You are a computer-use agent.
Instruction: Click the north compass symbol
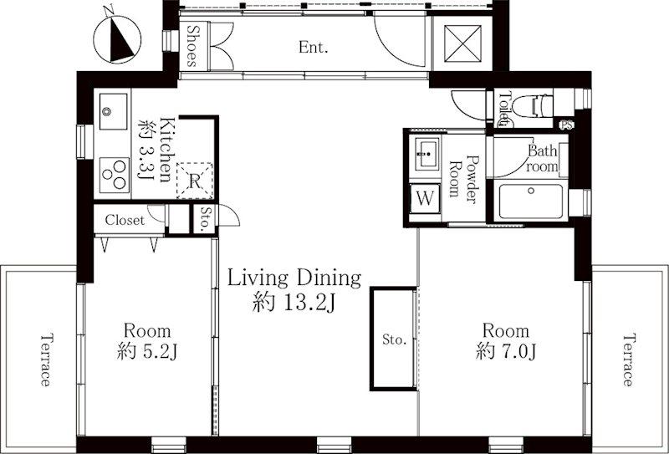pyautogui.click(x=117, y=39)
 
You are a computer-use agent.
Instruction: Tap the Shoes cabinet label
pyautogui.click(x=193, y=46)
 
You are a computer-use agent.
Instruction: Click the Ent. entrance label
pyautogui.click(x=313, y=47)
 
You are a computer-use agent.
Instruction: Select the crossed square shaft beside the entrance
pyautogui.click(x=462, y=43)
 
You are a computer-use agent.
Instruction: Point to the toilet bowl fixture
pyautogui.click(x=532, y=106)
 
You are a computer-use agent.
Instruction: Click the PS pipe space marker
pyautogui.click(x=567, y=125)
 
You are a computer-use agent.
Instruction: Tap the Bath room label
pyautogui.click(x=542, y=158)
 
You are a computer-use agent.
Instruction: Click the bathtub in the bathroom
pyautogui.click(x=531, y=201)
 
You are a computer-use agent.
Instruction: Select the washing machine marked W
pyautogui.click(x=425, y=198)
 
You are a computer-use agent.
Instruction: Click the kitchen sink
pyautogui.click(x=113, y=111)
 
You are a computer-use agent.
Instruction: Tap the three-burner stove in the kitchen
pyautogui.click(x=115, y=175)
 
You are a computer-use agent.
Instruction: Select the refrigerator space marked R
pyautogui.click(x=195, y=181)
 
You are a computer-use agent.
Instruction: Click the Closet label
pyautogui.click(x=125, y=220)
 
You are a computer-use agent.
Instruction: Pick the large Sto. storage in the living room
pyautogui.click(x=393, y=339)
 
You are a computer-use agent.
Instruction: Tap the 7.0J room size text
pyautogui.click(x=506, y=352)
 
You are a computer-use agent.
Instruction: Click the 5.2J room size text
pyautogui.click(x=147, y=352)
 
